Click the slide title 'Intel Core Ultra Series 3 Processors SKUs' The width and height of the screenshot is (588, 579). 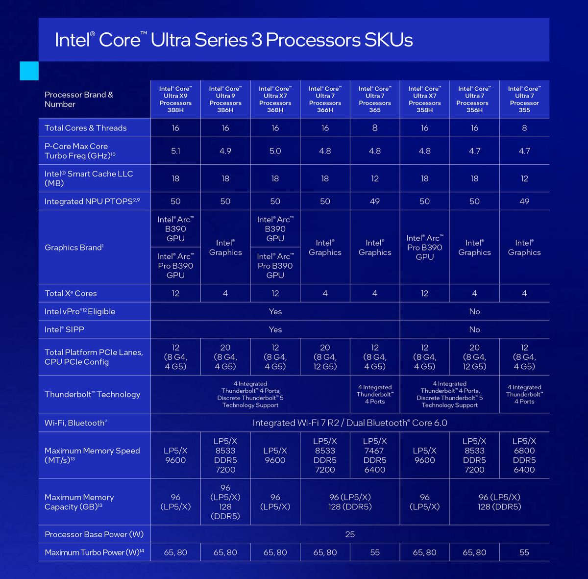234,40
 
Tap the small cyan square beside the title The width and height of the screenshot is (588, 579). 29,71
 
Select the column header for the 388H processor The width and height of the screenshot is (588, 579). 175,100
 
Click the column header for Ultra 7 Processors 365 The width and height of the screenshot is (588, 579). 375,100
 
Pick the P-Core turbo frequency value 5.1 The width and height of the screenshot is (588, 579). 175,151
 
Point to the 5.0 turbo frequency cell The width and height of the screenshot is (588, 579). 275,151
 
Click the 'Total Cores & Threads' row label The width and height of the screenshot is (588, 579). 86,128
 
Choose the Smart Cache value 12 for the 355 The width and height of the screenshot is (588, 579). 524,178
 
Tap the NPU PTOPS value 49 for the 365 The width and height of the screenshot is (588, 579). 375,201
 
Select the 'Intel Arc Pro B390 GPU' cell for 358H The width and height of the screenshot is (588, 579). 425,248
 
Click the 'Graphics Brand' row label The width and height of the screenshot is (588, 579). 74,248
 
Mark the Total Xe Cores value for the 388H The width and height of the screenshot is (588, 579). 175,293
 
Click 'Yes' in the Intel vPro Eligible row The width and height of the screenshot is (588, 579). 275,311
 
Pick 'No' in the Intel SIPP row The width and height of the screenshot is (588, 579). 474,329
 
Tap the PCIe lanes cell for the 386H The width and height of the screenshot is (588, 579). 225,357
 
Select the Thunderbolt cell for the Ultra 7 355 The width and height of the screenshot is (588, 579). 524,394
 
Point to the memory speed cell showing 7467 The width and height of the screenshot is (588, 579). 375,455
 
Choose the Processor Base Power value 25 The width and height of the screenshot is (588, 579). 350,534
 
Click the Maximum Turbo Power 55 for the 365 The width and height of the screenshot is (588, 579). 375,553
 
